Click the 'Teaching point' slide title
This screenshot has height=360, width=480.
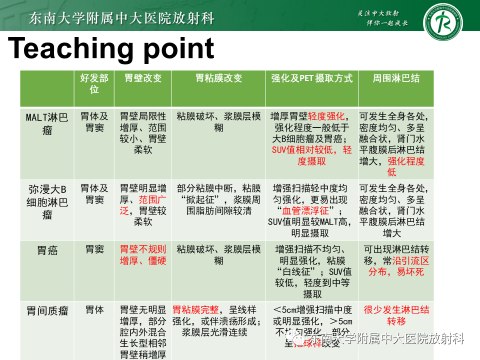tap(111, 49)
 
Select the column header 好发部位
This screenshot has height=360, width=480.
tap(94, 83)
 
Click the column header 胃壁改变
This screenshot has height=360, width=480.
tap(143, 78)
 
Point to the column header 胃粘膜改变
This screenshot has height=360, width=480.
tap(218, 78)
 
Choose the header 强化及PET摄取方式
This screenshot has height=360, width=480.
tap(311, 78)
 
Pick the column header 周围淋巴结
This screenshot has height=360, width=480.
tap(396, 78)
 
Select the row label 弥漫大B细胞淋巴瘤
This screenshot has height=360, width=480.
tap(47, 202)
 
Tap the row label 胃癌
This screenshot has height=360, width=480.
tap(47, 250)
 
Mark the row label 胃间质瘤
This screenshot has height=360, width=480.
tap(47, 311)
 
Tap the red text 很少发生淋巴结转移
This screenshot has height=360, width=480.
tap(396, 315)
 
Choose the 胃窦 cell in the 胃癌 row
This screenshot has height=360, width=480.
tap(94, 249)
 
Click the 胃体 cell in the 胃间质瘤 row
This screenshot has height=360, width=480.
tap(94, 310)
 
